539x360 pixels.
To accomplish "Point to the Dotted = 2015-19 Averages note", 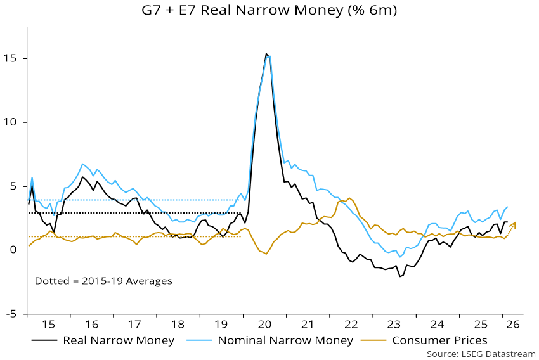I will [x=103, y=280].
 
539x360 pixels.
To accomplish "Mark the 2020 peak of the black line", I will [x=266, y=54].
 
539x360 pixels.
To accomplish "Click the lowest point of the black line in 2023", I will [x=400, y=276].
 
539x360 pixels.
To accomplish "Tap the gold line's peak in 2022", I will [x=349, y=198].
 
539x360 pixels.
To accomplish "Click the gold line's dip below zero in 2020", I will [x=266, y=254].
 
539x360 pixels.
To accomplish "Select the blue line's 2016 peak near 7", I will [x=82, y=164].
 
